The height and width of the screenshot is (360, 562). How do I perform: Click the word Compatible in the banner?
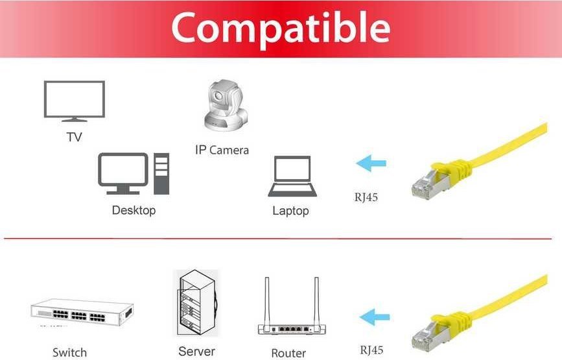click(x=281, y=29)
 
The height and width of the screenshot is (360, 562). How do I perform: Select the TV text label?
click(x=74, y=137)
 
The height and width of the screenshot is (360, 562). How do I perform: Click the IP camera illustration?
click(x=226, y=105)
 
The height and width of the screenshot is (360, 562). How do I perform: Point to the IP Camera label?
click(x=222, y=150)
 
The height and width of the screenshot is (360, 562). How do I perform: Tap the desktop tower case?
click(x=161, y=174)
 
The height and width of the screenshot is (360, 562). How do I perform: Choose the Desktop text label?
click(x=134, y=210)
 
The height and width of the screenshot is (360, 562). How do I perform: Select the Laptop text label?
click(x=290, y=211)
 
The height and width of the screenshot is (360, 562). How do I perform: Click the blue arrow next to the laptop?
click(x=371, y=163)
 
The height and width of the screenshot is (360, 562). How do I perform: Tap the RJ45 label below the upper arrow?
click(x=366, y=197)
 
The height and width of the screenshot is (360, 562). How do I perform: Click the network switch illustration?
click(x=82, y=312)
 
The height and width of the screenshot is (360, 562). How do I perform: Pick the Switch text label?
click(x=69, y=352)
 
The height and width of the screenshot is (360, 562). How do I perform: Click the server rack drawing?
click(x=196, y=304)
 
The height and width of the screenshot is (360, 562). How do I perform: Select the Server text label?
click(x=197, y=352)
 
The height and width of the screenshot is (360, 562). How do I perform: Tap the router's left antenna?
click(x=267, y=301)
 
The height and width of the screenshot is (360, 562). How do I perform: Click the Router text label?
click(x=288, y=353)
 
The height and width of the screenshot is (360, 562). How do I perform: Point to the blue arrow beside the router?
click(x=375, y=317)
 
